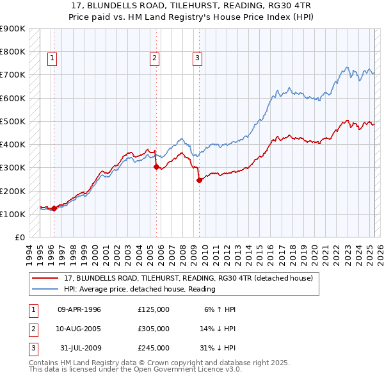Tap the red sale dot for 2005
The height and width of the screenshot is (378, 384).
[x=157, y=167]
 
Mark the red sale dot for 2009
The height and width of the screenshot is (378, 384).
[x=199, y=180]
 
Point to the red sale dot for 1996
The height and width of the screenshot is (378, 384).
[x=54, y=208]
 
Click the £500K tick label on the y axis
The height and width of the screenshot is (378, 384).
[x=13, y=121]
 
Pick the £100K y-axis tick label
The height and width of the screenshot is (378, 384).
[x=13, y=214]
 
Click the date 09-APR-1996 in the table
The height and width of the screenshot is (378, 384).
[x=79, y=309]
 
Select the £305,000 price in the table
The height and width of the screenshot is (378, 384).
[x=154, y=329]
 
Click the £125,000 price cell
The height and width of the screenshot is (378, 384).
[x=154, y=309]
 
